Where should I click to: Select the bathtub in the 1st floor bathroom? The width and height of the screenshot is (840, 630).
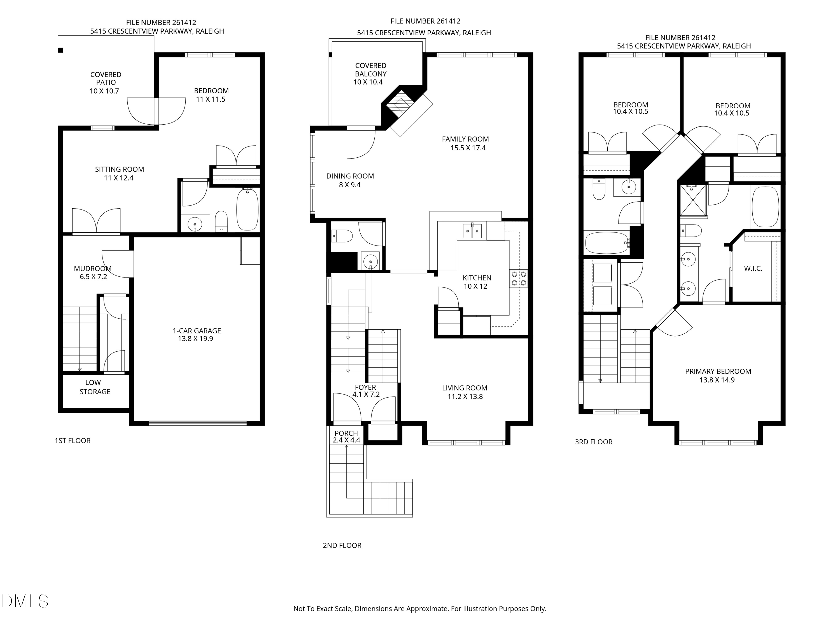tap(247, 209)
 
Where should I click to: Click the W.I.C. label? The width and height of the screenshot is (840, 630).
tap(753, 269)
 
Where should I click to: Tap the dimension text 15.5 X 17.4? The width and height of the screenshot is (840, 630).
tap(468, 148)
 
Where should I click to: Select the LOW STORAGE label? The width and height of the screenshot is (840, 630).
tap(95, 387)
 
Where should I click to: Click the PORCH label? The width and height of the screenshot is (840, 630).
tap(346, 433)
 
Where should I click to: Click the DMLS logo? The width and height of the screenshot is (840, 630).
tap(25, 601)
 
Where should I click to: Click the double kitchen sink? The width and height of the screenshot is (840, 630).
tap(472, 231)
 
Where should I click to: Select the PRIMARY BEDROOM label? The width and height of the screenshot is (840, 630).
tap(718, 371)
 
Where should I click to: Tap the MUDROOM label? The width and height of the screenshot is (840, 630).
tap(93, 269)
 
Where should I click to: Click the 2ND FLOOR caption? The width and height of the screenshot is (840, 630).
tap(342, 545)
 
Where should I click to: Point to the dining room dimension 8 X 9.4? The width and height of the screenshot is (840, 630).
tap(349, 185)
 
